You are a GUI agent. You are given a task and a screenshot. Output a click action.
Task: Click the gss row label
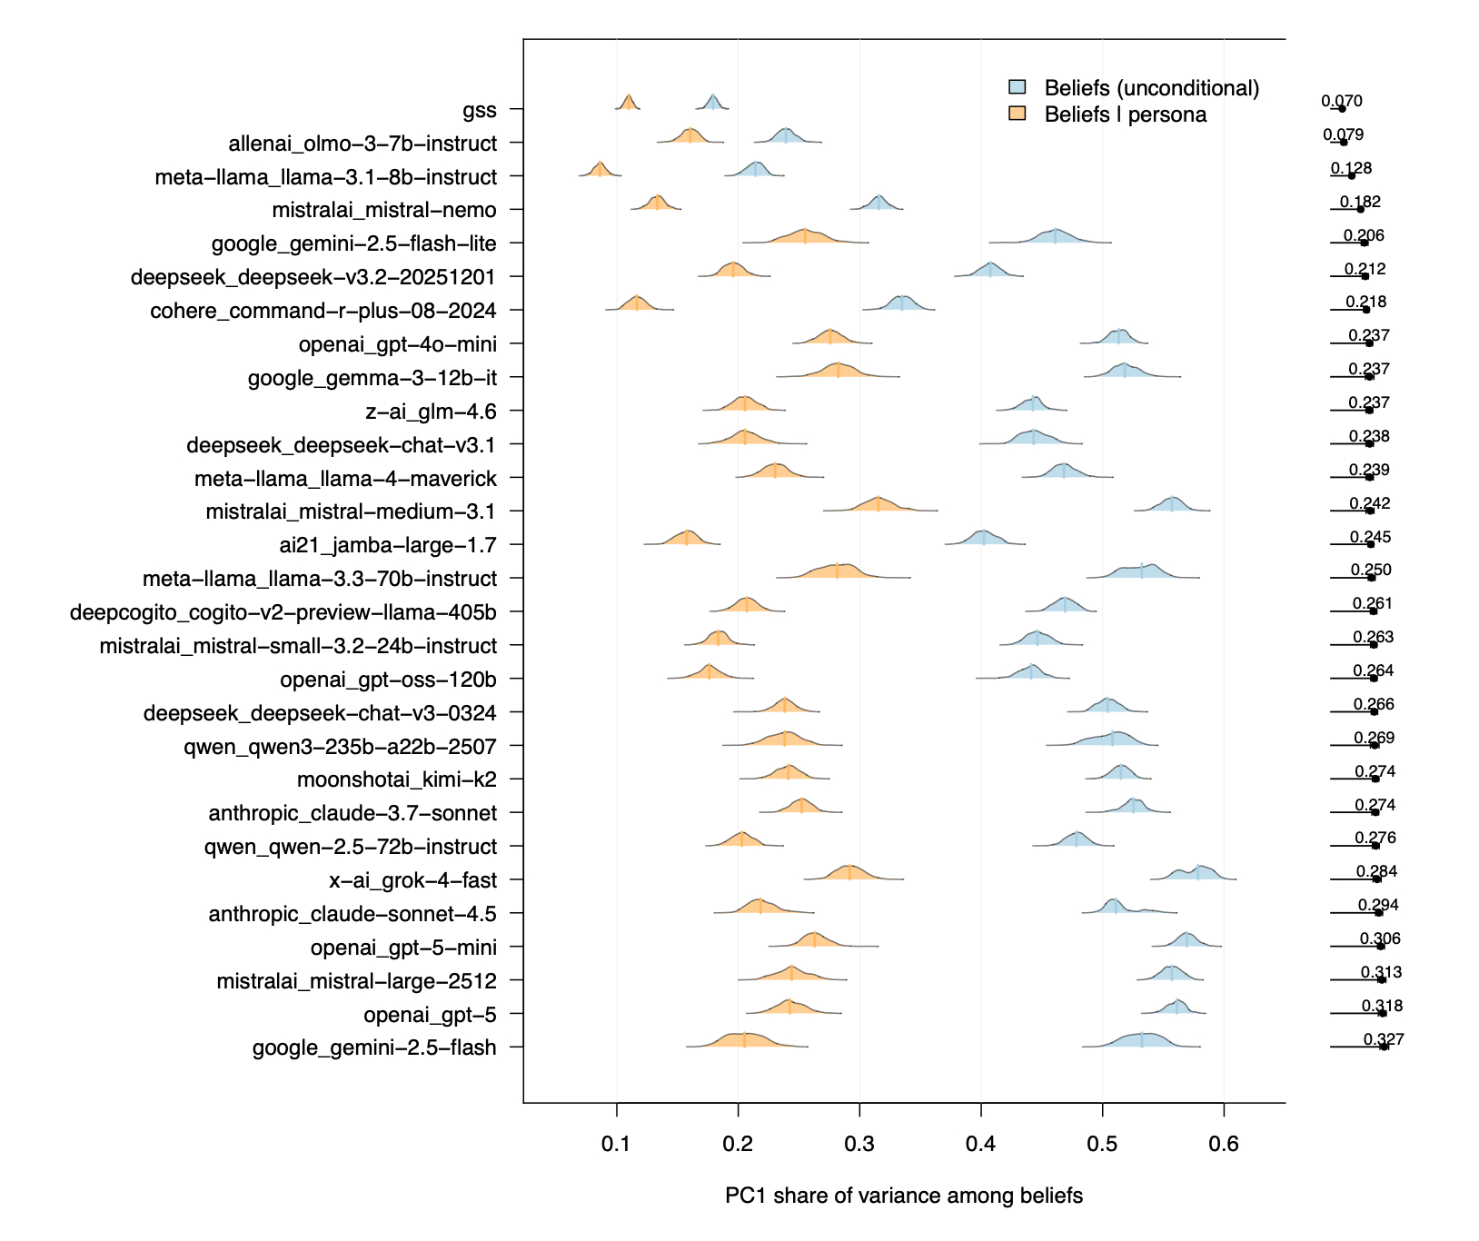[x=479, y=111]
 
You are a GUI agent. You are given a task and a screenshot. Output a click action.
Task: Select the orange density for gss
[x=628, y=104]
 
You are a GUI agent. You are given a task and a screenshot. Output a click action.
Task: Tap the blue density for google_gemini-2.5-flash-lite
[x=1055, y=237]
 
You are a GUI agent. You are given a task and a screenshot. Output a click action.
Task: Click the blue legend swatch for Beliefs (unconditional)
[x=1017, y=87]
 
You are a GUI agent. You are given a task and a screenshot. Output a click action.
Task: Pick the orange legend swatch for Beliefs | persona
[x=1017, y=114]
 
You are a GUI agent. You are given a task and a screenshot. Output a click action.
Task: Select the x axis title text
[x=904, y=1196]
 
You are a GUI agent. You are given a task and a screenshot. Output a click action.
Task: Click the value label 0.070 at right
[x=1342, y=102]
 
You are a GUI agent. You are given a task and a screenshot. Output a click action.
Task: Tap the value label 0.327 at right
[x=1384, y=1039]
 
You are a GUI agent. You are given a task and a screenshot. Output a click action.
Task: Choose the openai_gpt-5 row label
[x=430, y=1015]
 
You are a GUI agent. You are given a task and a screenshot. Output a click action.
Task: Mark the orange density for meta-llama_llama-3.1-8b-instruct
[x=600, y=171]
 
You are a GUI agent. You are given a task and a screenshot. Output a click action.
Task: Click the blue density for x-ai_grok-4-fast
[x=1199, y=874]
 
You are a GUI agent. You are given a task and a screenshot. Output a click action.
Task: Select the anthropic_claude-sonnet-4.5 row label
[x=352, y=914]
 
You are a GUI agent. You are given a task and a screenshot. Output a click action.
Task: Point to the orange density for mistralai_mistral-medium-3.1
[x=878, y=505]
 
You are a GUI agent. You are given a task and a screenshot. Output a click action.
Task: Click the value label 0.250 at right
[x=1371, y=571]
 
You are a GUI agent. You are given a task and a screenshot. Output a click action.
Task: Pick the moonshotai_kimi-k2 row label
[x=397, y=779]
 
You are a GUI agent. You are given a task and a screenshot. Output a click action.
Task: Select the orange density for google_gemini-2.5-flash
[x=744, y=1041]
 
